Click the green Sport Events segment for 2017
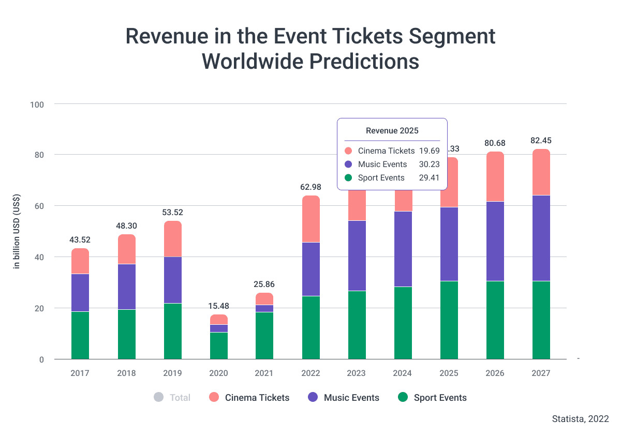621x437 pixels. pyautogui.click(x=80, y=335)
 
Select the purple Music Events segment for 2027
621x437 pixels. pyautogui.click(x=541, y=238)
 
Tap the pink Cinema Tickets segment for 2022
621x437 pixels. pyautogui.click(x=311, y=219)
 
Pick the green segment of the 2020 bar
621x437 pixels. pyautogui.click(x=219, y=345)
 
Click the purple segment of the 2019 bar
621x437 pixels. pyautogui.click(x=173, y=280)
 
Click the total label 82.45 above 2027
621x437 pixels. pyautogui.click(x=541, y=141)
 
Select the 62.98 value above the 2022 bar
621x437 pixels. pyautogui.click(x=311, y=187)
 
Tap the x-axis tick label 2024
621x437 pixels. pyautogui.click(x=403, y=373)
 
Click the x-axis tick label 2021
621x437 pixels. pyautogui.click(x=264, y=373)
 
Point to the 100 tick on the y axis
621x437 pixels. pyautogui.click(x=37, y=104)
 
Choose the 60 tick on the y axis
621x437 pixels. pyautogui.click(x=39, y=206)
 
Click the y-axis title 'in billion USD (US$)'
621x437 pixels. pyautogui.click(x=17, y=231)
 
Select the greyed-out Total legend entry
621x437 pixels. pyautogui.click(x=172, y=398)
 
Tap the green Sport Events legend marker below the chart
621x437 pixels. pyautogui.click(x=403, y=397)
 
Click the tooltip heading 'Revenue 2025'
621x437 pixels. pyautogui.click(x=392, y=130)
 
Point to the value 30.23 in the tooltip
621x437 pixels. pyautogui.click(x=430, y=164)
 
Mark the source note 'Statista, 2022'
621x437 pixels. pyautogui.click(x=580, y=418)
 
